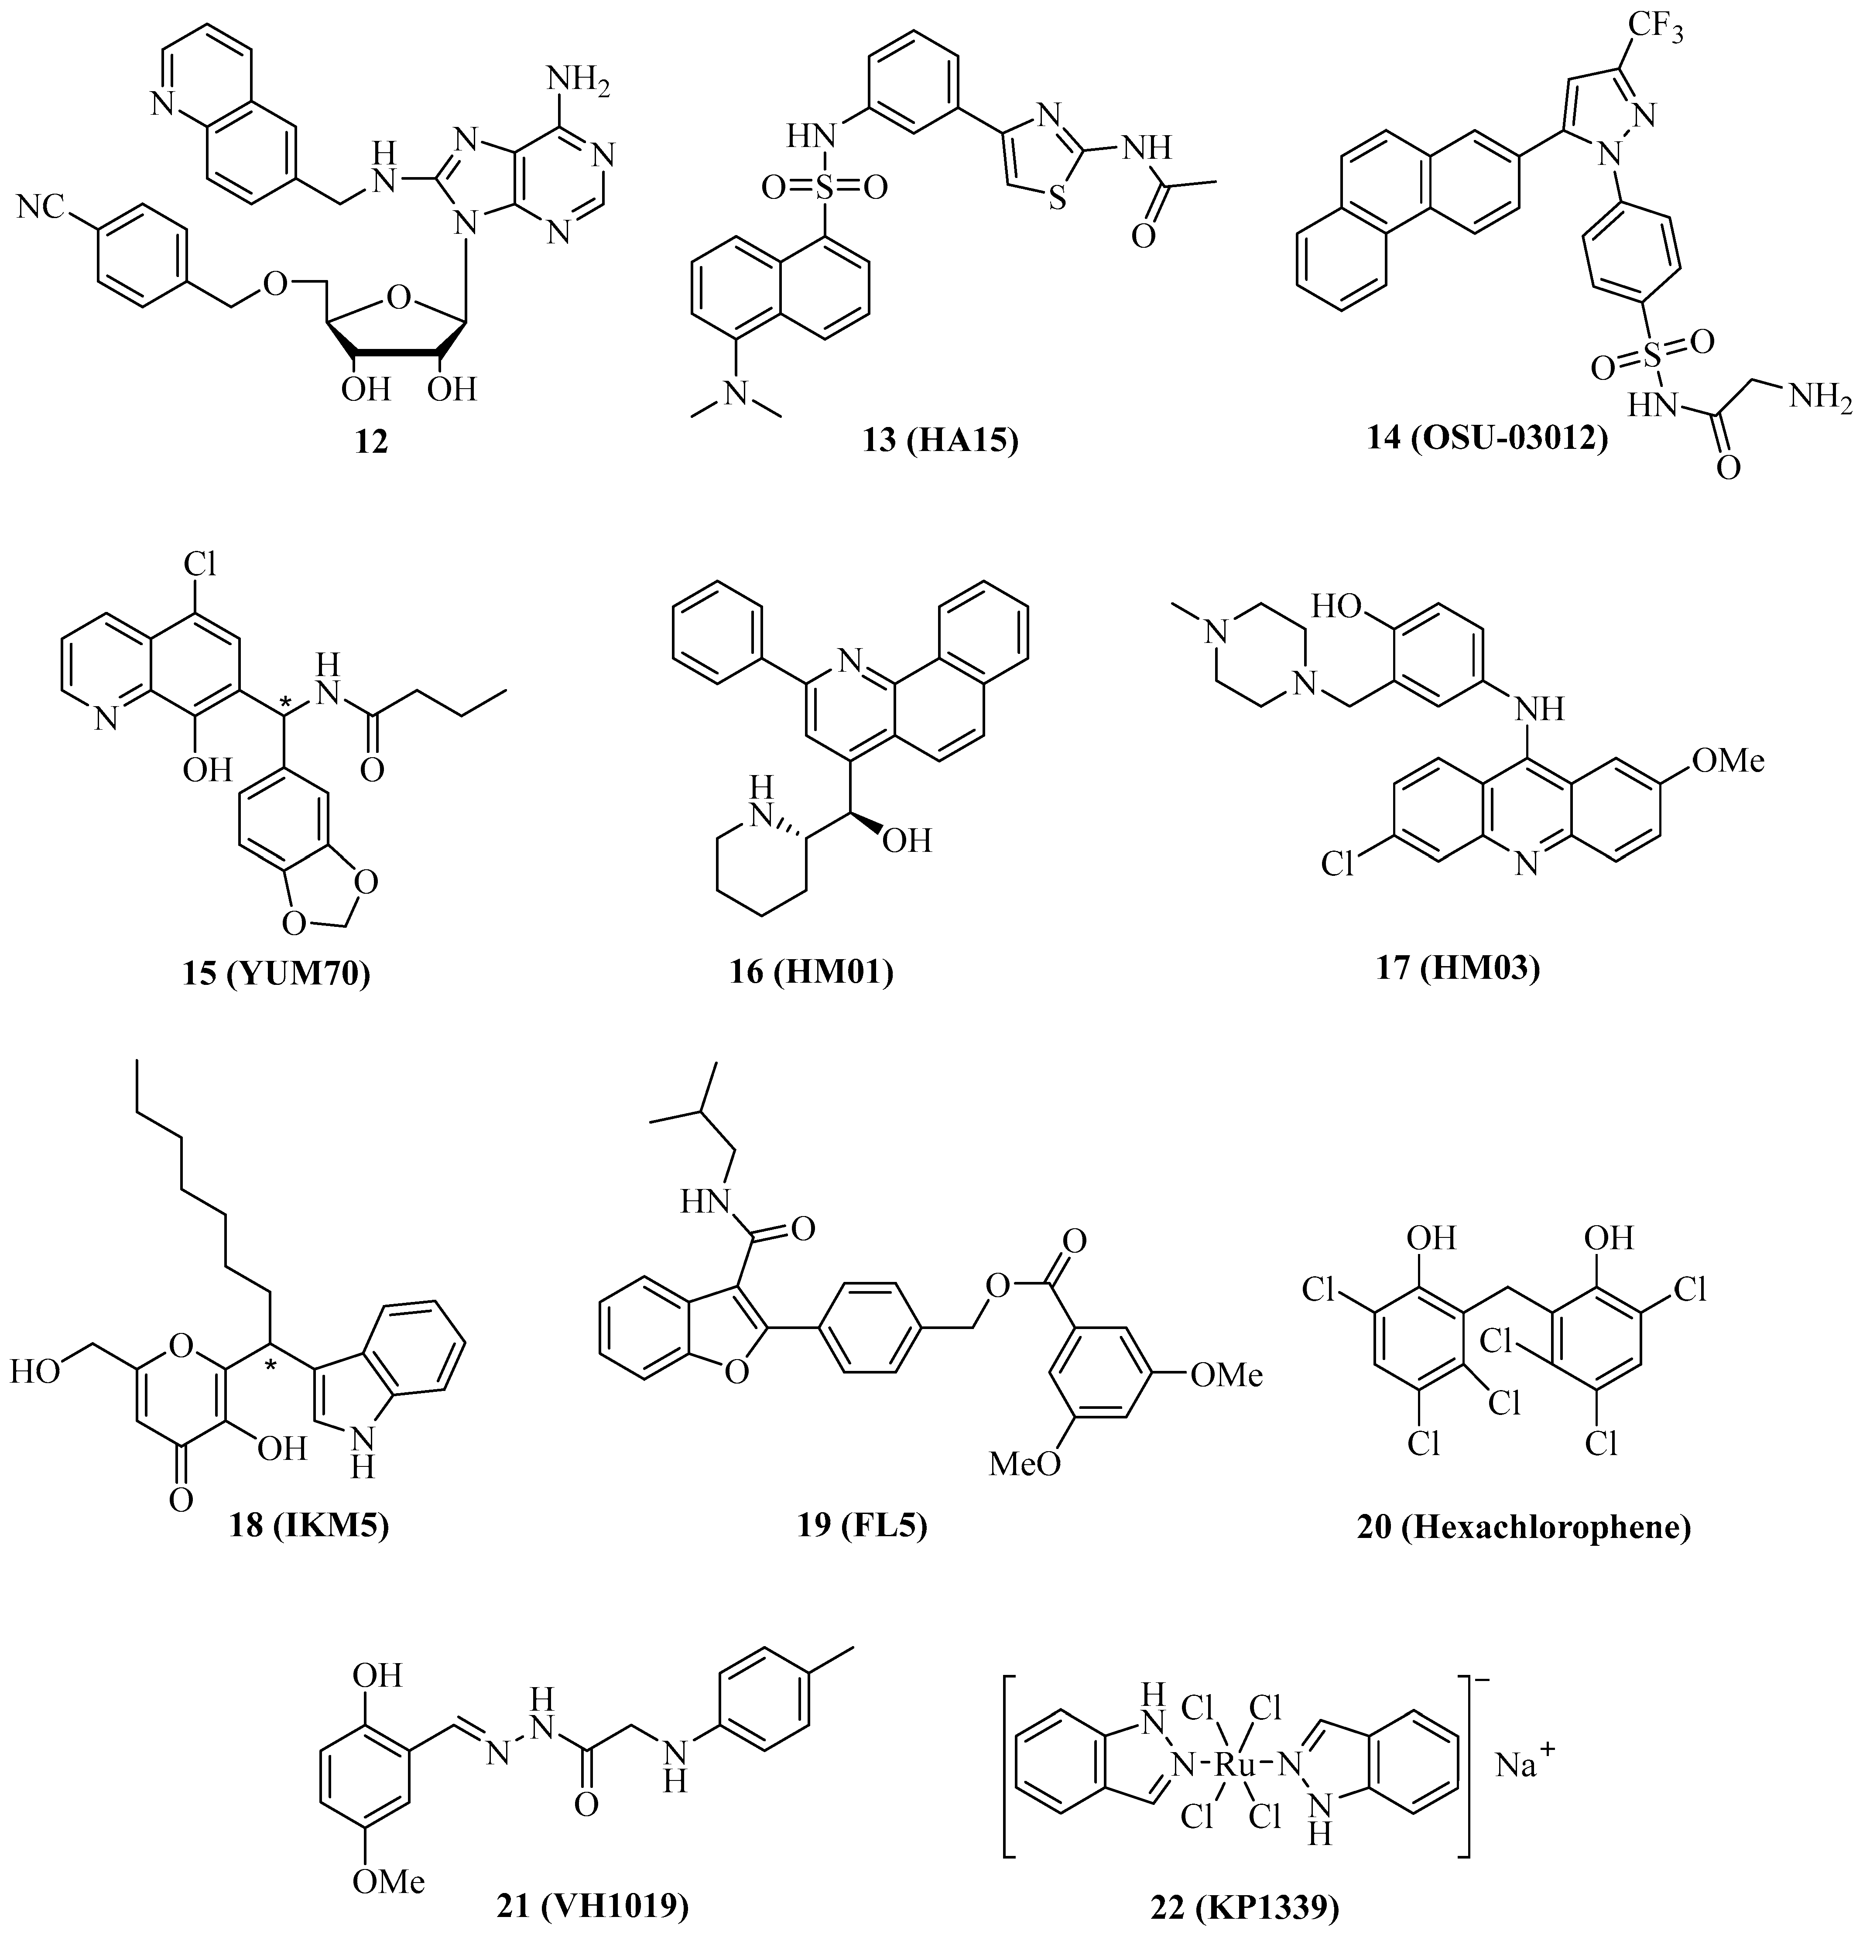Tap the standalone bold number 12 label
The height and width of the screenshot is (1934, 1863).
(372, 442)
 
